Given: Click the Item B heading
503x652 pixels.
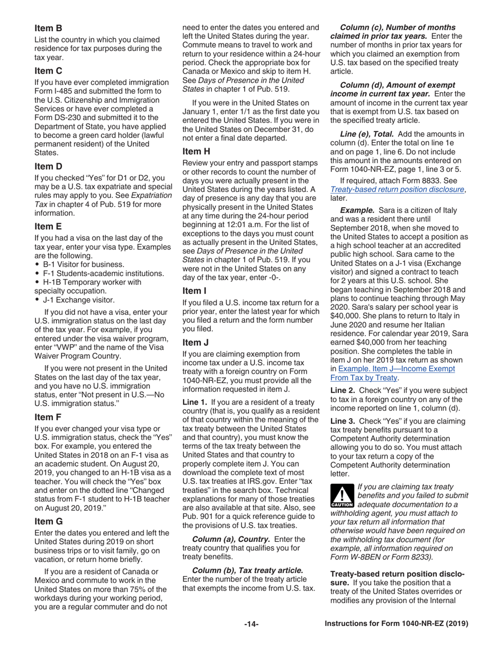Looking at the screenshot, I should coord(48,28).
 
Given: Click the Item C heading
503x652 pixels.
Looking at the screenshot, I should coord(48,71).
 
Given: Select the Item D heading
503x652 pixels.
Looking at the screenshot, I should coord(48,166).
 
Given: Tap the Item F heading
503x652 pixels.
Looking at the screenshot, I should coord(48,417).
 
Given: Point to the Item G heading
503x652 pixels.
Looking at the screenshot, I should coord(49,521).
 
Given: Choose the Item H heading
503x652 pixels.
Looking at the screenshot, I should coord(196,151).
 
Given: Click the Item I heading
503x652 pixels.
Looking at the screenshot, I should coord(194,290).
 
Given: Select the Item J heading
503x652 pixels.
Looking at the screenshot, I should coord(195,342).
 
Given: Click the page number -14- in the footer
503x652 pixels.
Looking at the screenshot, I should coord(251,624).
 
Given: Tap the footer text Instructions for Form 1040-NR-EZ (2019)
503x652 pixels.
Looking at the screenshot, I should coord(396,624).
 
